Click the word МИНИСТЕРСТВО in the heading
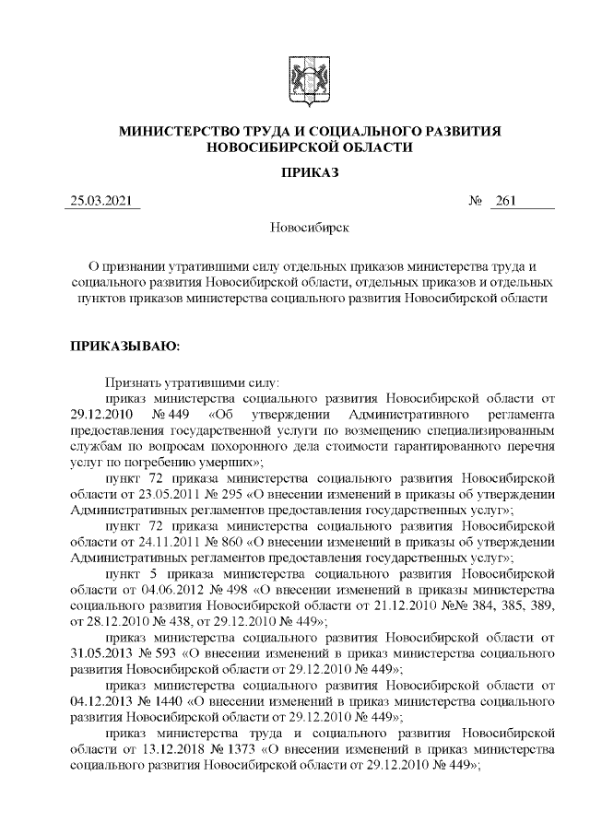coord(181,132)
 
